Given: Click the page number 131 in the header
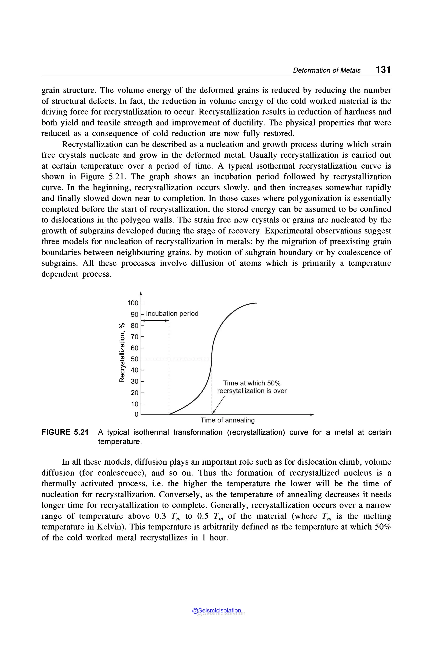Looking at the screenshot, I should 383,69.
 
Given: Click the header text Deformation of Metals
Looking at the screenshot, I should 326,70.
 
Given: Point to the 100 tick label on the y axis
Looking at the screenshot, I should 133,303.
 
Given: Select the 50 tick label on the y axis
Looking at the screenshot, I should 134,359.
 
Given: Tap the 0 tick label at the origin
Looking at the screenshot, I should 136,415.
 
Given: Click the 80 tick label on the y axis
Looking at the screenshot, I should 134,326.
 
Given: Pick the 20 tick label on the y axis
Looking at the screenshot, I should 134,392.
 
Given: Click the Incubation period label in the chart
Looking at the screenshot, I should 172,314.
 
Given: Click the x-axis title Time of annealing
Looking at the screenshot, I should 227,420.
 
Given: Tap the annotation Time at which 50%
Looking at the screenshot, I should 252,383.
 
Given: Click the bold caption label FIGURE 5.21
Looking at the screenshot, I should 65,432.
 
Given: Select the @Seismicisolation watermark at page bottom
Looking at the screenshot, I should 216,611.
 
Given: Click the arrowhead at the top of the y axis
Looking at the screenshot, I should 141,293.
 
